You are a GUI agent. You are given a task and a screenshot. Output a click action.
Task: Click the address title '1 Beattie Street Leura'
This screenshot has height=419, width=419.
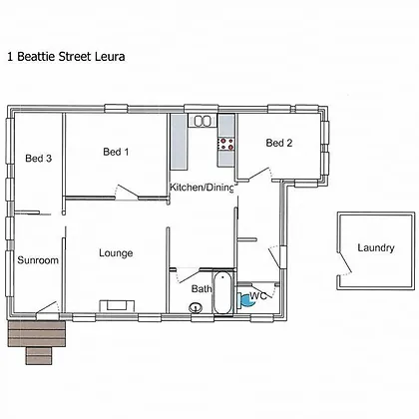(x=66, y=57)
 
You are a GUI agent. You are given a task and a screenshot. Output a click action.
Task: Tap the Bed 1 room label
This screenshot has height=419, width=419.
(x=116, y=152)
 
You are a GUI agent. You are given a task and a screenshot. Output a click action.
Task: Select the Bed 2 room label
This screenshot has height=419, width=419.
(x=279, y=143)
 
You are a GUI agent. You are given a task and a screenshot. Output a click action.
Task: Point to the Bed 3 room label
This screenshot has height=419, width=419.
(x=39, y=159)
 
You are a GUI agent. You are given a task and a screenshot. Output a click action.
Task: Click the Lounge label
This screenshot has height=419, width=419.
(x=116, y=253)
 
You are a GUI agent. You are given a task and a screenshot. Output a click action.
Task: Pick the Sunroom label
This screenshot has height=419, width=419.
(x=38, y=260)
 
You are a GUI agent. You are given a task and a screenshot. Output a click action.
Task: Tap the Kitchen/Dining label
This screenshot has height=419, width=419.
(x=202, y=188)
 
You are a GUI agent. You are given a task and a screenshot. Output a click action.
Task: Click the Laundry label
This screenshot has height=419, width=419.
(x=376, y=248)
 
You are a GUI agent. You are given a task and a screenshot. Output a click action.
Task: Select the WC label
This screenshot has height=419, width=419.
(x=258, y=295)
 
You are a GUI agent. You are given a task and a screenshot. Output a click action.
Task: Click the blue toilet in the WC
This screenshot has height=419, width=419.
(x=244, y=299)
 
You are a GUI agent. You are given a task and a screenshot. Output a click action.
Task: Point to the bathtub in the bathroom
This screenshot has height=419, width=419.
(x=222, y=292)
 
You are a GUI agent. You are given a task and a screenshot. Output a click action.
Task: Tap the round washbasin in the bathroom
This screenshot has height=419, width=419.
(x=196, y=308)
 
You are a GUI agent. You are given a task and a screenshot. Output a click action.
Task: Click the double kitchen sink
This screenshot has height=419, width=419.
(x=203, y=121)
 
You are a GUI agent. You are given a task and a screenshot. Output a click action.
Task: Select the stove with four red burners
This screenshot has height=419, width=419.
(x=226, y=144)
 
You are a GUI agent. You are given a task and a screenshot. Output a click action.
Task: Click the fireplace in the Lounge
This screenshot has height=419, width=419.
(x=117, y=305)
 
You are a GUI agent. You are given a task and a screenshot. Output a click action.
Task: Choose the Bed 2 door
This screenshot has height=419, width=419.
(x=258, y=174)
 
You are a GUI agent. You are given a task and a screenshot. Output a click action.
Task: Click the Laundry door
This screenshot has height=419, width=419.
(x=344, y=263)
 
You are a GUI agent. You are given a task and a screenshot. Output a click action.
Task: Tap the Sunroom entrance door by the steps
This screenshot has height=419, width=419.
(x=48, y=307)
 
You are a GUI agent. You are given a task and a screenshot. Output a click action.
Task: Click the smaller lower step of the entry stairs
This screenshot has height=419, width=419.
(x=39, y=356)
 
